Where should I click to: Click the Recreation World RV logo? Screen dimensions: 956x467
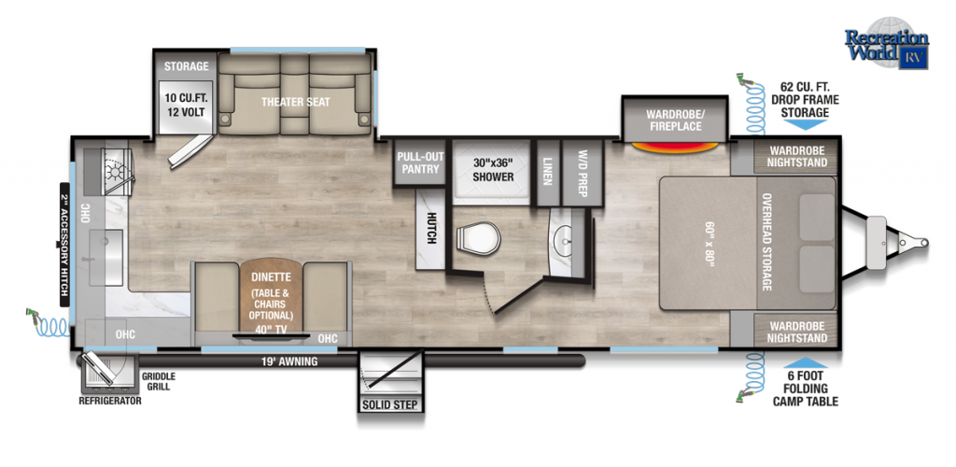pos(887,43)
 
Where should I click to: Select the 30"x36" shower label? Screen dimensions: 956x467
pos(493,170)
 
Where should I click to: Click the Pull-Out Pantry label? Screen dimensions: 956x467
pos(418,163)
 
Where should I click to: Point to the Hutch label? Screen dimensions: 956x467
pos(431,229)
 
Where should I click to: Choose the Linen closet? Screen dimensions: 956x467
pos(547,173)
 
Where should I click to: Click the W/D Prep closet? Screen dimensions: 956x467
pos(582,173)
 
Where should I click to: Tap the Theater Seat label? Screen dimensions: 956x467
pos(295,102)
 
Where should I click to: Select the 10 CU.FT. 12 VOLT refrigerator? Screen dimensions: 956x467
pos(186,106)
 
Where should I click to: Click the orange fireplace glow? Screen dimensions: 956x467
pos(674,147)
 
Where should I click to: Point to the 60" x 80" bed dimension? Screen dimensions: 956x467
pos(708,243)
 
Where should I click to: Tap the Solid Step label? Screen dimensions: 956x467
pos(389,404)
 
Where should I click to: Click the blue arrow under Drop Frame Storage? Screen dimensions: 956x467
pos(805,124)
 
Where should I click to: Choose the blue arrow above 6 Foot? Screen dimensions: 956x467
pos(805,362)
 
